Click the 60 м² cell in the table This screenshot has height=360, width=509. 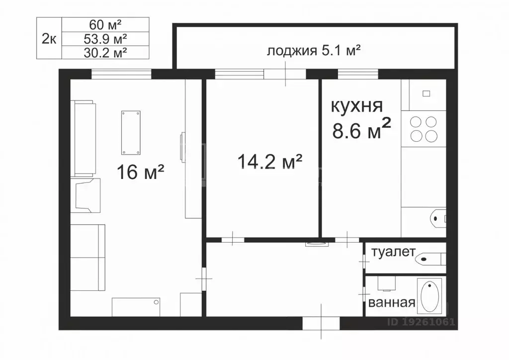coord(105,24)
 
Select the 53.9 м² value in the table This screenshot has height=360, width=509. coord(105,39)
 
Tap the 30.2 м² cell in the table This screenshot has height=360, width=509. coord(105,53)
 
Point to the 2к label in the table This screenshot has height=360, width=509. coord(49,39)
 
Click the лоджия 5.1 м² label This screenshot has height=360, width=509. coord(314,51)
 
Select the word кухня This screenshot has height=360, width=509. coord(357,106)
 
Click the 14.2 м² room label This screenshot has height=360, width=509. coord(270,161)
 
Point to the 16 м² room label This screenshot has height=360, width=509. coord(140,172)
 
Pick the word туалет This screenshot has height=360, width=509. coord(393,252)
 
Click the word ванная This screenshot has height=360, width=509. coord(392,302)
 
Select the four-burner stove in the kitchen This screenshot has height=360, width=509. coord(424,129)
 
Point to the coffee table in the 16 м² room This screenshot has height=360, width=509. coord(131,133)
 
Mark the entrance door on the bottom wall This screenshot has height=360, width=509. coord(321,323)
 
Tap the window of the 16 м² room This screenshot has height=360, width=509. coord(121,75)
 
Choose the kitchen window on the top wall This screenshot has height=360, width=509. coord(358,75)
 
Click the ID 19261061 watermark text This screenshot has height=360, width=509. coord(421,322)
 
